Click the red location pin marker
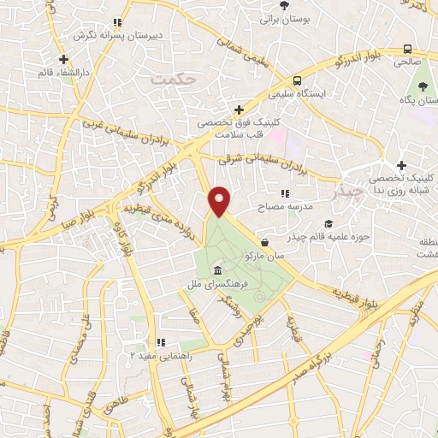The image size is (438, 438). [221, 201]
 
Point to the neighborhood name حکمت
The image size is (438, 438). [175, 78]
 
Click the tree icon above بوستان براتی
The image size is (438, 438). [285, 4]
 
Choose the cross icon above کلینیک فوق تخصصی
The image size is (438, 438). [239, 109]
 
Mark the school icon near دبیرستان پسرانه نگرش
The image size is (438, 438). [118, 23]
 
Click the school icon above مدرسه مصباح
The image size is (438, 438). [285, 194]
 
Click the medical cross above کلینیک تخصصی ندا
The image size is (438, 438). [401, 164]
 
